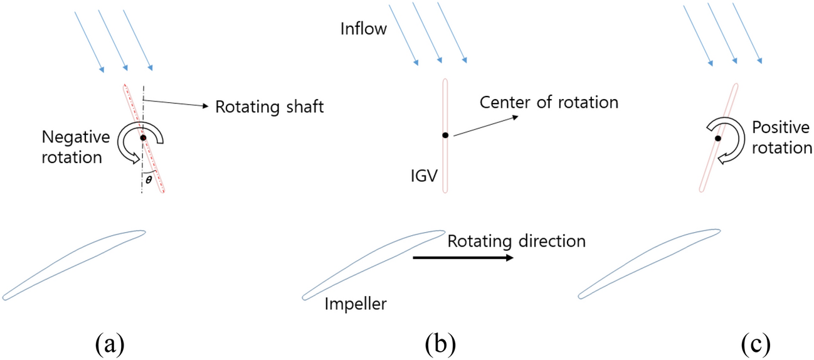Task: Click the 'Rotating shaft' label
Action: pyautogui.click(x=270, y=107)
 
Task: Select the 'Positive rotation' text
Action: pyautogui.click(x=780, y=138)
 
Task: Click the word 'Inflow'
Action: pyautogui.click(x=364, y=29)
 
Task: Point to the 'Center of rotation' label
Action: pyautogui.click(x=549, y=102)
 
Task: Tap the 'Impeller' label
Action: pyautogui.click(x=356, y=305)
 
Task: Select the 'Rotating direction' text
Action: pyautogui.click(x=516, y=241)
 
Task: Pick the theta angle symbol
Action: pyautogui.click(x=148, y=179)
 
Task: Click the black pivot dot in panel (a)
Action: pyautogui.click(x=143, y=137)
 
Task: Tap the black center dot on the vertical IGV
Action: pyautogui.click(x=445, y=135)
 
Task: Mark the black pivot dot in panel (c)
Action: pyautogui.click(x=717, y=138)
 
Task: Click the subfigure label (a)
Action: pyautogui.click(x=109, y=343)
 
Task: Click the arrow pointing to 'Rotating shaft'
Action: pyautogui.click(x=176, y=102)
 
